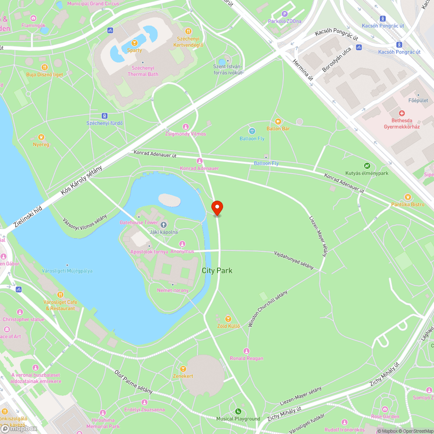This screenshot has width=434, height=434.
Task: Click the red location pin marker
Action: click(217, 207)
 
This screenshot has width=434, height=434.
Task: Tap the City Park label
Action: click(217, 270)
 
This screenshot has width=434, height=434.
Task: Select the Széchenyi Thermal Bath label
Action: click(143, 71)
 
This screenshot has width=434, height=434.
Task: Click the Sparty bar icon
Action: click(135, 43)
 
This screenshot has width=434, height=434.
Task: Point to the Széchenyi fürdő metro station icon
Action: click(104, 116)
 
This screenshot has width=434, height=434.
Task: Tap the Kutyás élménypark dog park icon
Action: click(367, 165)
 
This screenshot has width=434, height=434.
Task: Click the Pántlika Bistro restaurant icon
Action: click(408, 197)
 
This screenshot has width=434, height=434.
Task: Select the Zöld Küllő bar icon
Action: click(228, 319)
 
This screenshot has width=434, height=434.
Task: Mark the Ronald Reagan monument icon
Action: click(247, 351)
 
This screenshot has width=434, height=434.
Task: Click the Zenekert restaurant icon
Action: click(183, 369)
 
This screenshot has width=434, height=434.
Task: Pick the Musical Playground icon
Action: click(238, 411)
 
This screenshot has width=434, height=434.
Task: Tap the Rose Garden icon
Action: click(385, 409)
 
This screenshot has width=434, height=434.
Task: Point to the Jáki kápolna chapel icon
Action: click(164, 225)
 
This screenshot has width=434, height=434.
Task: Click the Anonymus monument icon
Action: click(182, 244)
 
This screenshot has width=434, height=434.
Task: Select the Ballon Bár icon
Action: click(278, 122)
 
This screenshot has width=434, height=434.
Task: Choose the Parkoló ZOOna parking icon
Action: click(284, 14)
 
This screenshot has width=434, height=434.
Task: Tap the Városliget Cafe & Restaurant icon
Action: click(60, 295)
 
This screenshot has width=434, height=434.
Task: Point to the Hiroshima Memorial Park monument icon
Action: click(102, 413)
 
